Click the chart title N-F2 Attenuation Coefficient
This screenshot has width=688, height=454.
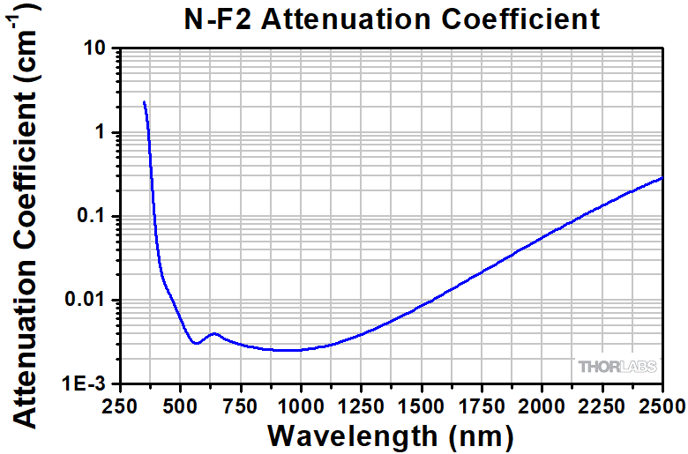[x=391, y=19]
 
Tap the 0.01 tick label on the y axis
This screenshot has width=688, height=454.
[x=86, y=301]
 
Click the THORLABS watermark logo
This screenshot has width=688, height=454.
[x=615, y=366]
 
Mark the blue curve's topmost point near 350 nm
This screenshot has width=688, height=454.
[x=144, y=102]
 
